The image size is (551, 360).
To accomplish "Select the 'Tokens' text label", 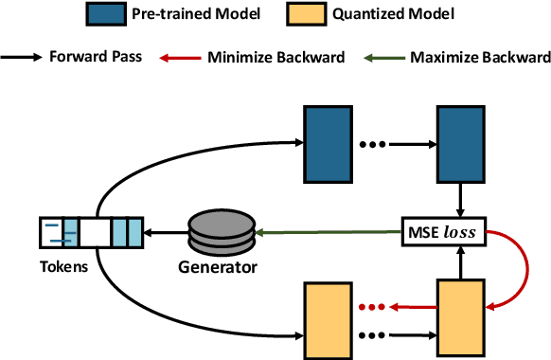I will click(x=64, y=266).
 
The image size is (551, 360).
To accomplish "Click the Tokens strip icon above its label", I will click(x=91, y=232).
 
